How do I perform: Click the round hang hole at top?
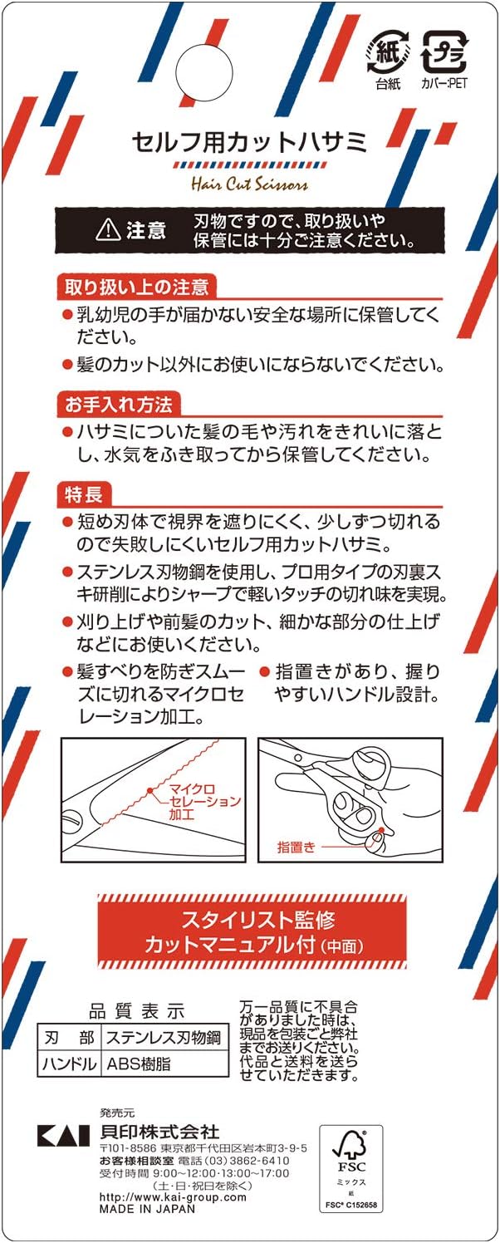pos(203,72)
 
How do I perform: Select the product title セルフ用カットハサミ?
pos(250,142)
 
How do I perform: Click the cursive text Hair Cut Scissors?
pos(250,183)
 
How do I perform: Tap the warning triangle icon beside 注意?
pos(108,228)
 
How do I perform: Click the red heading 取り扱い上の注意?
pos(136,287)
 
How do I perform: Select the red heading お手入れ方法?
pos(119,405)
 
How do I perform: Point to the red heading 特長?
pos(84,494)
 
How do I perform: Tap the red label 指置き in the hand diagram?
pos(296,847)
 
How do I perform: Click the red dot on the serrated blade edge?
pos(150,789)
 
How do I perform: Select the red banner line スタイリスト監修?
pos(258,920)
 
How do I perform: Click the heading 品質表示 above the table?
pos(136,1011)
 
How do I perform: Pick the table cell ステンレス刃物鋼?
pos(164,1037)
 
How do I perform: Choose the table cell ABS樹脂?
pos(139,1064)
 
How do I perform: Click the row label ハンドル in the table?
pos(70,1064)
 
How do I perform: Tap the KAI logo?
pos(63,1135)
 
